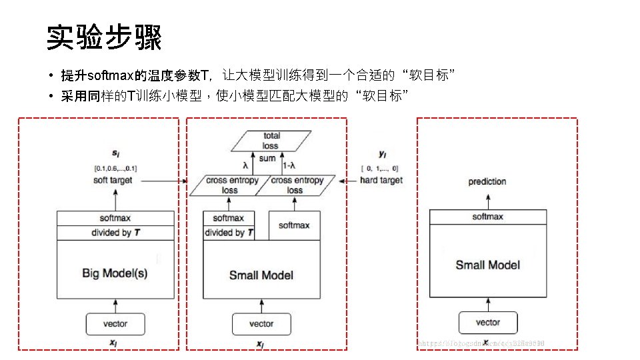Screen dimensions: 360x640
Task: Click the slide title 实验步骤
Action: point(104,38)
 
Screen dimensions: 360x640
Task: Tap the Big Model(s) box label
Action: point(115,273)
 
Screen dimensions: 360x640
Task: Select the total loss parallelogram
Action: point(271,141)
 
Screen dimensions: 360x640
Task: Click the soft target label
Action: point(113,180)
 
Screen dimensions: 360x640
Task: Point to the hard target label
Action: point(381,180)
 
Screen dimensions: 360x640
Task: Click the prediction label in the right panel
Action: point(487,181)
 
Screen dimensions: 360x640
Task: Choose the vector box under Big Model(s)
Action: point(115,324)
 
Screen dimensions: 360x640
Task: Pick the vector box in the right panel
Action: point(487,323)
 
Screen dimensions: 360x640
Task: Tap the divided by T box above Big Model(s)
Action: point(115,233)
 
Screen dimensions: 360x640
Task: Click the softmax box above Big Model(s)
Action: point(115,218)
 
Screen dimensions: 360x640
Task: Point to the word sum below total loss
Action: point(267,159)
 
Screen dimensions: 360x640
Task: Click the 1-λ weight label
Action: point(291,166)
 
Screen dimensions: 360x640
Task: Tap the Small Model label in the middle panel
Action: point(261,275)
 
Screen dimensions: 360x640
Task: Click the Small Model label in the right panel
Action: point(487,265)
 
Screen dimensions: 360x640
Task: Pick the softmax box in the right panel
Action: point(487,217)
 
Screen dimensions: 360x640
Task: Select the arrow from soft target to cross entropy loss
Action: point(160,180)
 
